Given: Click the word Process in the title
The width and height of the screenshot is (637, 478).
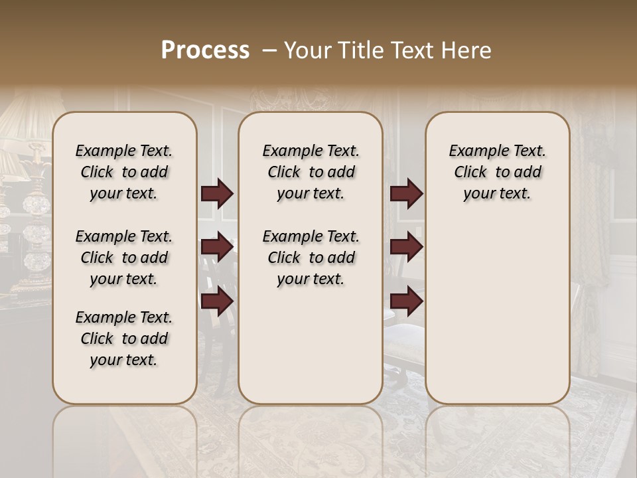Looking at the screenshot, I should click(205, 50).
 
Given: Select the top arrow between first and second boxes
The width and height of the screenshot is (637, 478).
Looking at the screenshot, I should click(217, 193).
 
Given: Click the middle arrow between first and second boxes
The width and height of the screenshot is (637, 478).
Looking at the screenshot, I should click(217, 247).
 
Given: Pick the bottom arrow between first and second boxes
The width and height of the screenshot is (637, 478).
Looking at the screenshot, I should click(217, 301).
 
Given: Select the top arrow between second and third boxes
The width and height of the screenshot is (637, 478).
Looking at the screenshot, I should click(406, 193).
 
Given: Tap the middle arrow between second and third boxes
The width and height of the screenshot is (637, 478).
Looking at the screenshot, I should click(406, 247).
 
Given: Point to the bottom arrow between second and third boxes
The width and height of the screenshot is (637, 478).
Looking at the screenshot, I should click(406, 301).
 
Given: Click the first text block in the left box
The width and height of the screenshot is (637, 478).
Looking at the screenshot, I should click(124, 172).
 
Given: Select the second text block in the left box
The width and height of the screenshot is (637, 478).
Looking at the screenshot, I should click(124, 258).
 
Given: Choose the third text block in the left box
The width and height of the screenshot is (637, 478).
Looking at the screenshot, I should click(124, 339).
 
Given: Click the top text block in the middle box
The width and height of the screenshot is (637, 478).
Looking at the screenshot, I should click(311, 172).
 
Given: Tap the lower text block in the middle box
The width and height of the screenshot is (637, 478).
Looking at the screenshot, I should click(311, 258).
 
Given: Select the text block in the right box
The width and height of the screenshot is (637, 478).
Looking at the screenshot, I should click(497, 172).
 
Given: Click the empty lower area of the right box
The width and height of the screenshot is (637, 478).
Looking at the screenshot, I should click(497, 305).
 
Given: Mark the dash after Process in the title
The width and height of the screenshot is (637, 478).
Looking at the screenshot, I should click(269, 50).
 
